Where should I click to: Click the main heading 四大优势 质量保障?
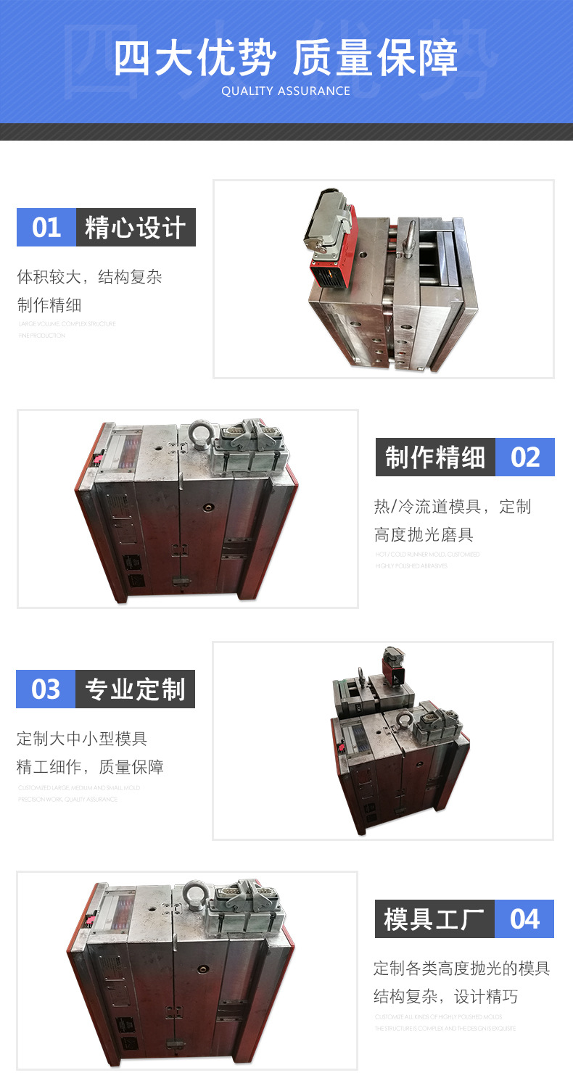[x=286, y=57]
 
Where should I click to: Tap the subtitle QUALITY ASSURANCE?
[x=286, y=91]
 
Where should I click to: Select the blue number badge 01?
[x=46, y=227]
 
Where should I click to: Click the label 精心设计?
[x=136, y=227]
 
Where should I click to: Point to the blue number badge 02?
[x=525, y=457]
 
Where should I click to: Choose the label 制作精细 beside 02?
[x=435, y=457]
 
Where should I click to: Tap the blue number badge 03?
[x=46, y=689]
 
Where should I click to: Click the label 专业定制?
[x=135, y=689]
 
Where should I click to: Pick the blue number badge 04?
[x=524, y=919]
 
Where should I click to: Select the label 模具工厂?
[x=434, y=919]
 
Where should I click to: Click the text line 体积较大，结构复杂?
[x=89, y=277]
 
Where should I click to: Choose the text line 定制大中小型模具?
[x=82, y=739]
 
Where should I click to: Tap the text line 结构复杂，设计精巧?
[x=445, y=996]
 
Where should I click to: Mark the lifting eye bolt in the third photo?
[x=405, y=720]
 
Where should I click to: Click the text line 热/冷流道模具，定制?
[x=453, y=507]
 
